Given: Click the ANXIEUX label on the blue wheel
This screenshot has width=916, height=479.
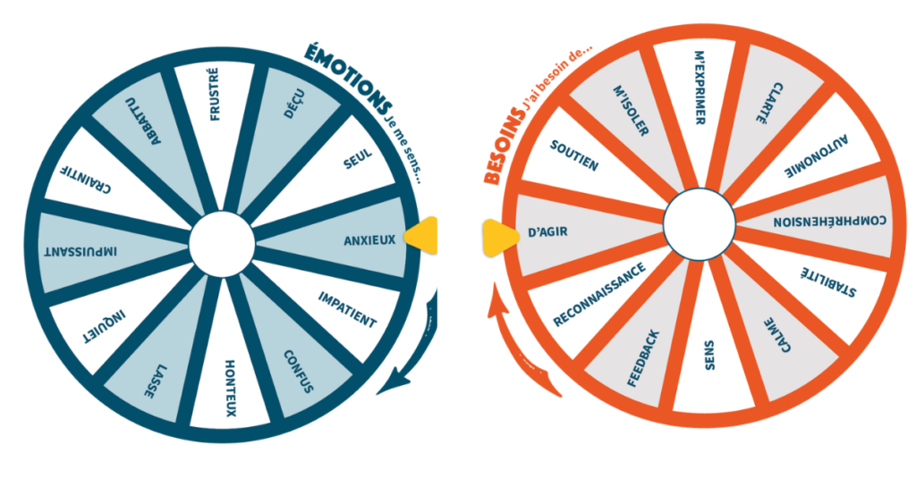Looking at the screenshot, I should pos(370,240).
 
